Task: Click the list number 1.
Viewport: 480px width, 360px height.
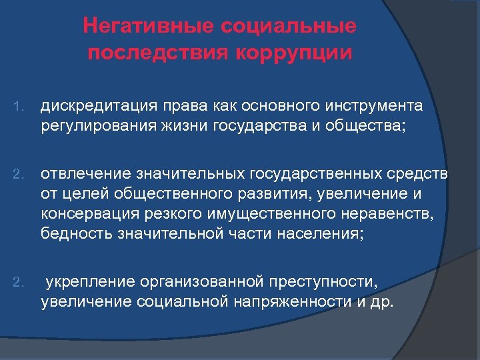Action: (x=19, y=106)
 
